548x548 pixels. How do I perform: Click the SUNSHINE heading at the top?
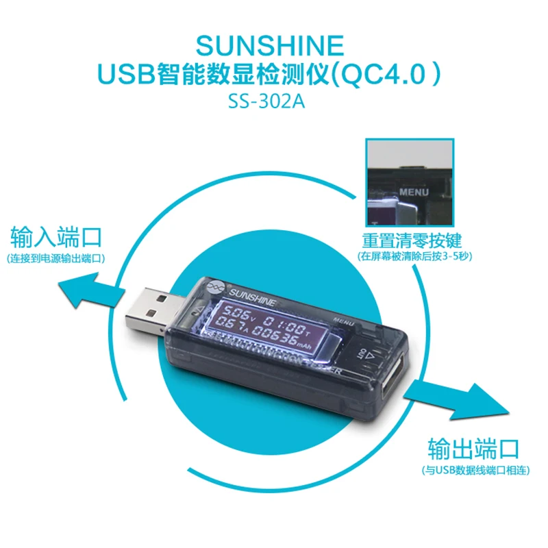tap(269, 46)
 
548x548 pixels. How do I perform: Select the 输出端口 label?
tap(473, 449)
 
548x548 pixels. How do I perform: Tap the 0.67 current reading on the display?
tap(227, 332)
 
